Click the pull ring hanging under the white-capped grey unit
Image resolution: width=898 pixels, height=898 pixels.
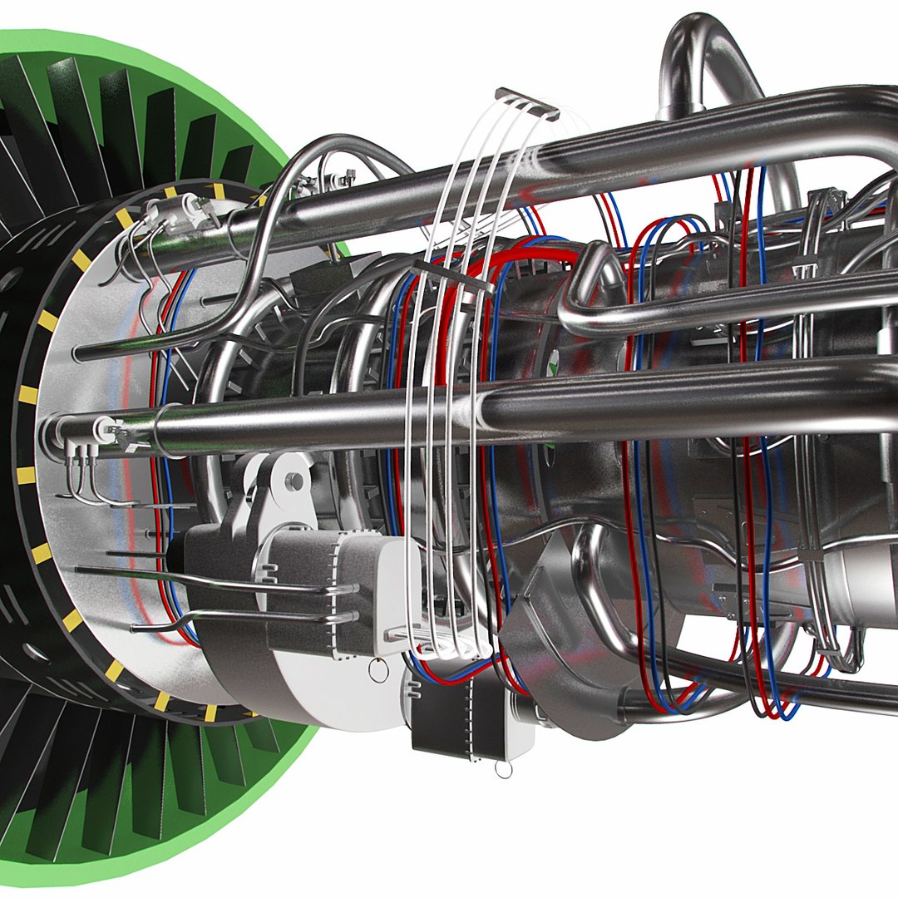click(378, 669)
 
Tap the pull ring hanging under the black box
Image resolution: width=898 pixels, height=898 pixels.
click(503, 769)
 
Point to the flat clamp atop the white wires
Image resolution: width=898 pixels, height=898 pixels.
click(526, 103)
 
